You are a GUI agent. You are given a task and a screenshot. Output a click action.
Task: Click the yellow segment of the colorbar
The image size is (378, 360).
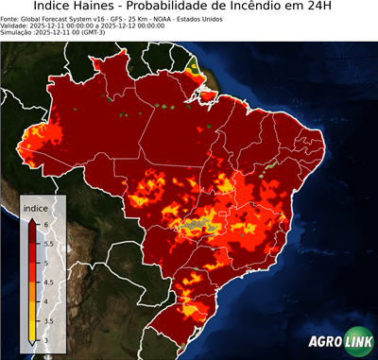(33, 317)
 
